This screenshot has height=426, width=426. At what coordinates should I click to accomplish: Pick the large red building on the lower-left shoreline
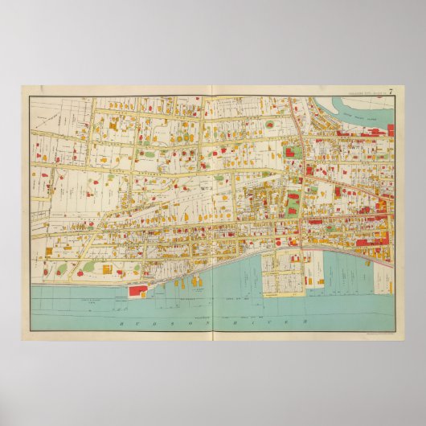pos(137,291)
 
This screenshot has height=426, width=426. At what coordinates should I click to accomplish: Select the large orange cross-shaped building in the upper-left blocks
pos(113,126)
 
